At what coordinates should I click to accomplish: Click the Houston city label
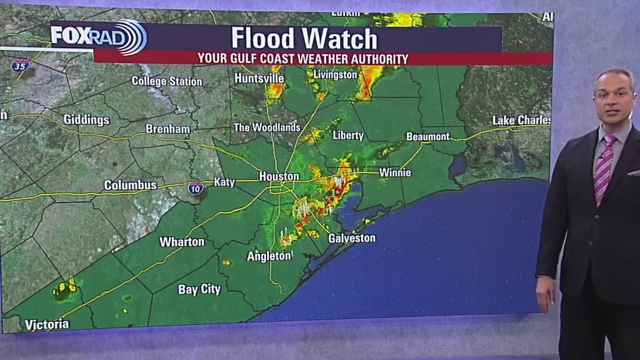(279, 176)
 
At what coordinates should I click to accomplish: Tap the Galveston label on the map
(352, 238)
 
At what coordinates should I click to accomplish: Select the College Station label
(167, 81)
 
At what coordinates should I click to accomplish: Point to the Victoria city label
(47, 325)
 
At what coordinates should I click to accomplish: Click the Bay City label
(199, 290)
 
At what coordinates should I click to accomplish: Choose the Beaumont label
(428, 136)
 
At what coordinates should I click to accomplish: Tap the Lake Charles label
(521, 120)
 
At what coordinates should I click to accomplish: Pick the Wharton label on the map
(181, 242)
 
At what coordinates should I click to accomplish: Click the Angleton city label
(269, 256)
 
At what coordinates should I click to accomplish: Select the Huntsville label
(259, 78)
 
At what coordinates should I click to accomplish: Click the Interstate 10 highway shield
(196, 188)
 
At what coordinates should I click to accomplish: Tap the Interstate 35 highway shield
(20, 65)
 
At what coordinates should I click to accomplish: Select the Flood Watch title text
(304, 39)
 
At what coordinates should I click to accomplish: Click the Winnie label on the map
(395, 173)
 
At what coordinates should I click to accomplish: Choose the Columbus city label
(130, 185)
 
